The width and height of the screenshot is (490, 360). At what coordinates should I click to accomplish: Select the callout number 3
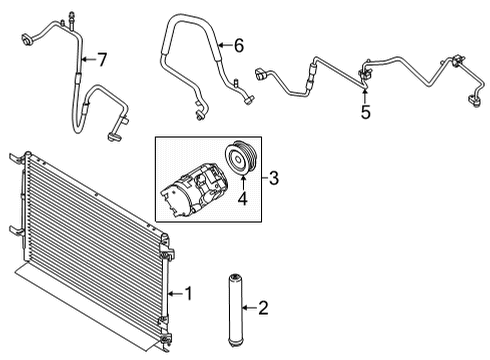click(273, 180)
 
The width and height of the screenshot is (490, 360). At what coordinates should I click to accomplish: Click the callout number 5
click(366, 113)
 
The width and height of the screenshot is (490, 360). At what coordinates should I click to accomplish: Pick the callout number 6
click(237, 44)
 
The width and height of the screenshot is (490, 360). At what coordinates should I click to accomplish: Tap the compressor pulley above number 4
click(239, 157)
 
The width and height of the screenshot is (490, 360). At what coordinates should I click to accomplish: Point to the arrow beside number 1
click(174, 293)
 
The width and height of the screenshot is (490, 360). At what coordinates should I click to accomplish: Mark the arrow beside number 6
click(222, 44)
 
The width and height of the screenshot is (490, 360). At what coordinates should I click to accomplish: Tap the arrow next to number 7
click(88, 60)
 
